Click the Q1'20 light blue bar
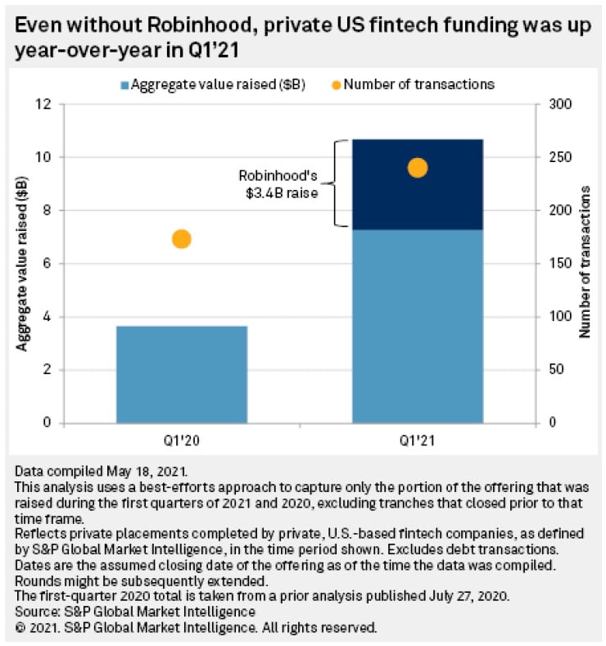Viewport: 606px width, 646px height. pos(181,374)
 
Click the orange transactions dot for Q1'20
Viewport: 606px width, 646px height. pos(182,239)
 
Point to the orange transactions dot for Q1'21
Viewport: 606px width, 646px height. pos(418,168)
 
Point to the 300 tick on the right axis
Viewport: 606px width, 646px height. pos(553,104)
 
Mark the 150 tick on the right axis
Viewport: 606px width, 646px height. pos(553,264)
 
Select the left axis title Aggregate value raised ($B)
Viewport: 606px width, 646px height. pos(22,264)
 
